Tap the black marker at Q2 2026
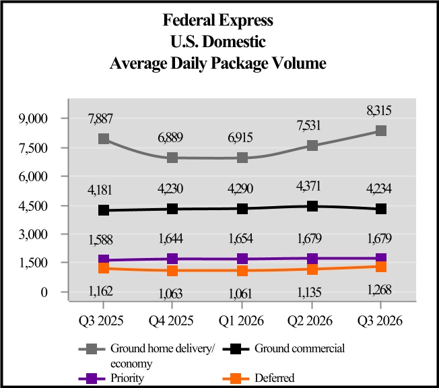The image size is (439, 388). [x=311, y=206]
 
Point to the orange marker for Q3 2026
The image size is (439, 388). [x=380, y=267]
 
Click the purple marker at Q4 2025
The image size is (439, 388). [x=173, y=259]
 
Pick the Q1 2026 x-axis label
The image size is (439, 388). [x=242, y=321]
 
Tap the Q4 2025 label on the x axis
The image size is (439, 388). [x=173, y=321]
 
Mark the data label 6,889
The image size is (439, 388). [x=173, y=137]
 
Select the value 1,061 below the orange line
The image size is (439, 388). [x=242, y=294]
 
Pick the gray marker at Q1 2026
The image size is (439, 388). [x=242, y=157]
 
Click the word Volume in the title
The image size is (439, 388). [x=299, y=64]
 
